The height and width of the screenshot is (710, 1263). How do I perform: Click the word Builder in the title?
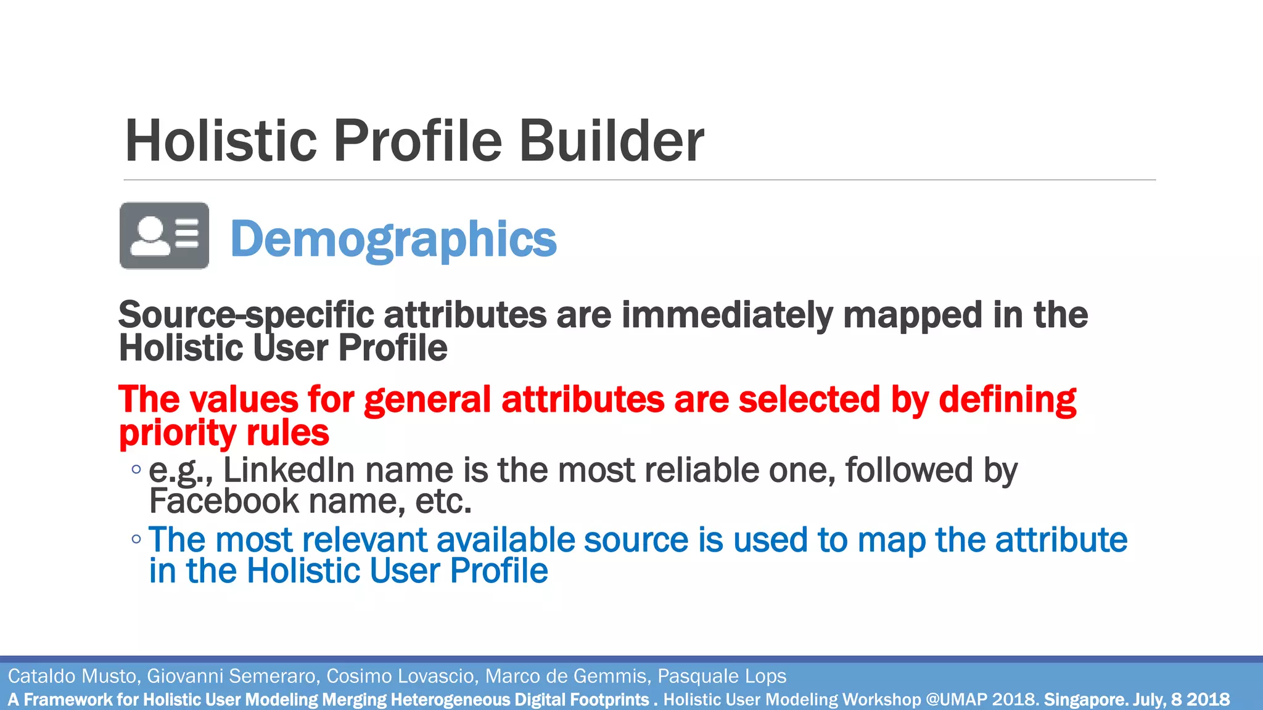click(611, 141)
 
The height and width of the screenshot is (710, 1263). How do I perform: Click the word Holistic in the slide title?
click(220, 141)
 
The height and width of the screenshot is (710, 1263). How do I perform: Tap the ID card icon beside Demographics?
click(164, 235)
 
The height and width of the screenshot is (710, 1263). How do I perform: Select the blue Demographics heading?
click(393, 239)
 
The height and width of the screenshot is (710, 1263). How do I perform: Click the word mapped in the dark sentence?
click(912, 316)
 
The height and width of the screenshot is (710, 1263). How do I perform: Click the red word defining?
click(1007, 399)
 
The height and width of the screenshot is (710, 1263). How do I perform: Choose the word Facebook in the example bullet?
click(224, 501)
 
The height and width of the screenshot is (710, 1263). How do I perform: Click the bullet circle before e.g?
click(136, 470)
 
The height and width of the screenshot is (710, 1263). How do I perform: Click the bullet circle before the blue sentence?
click(136, 539)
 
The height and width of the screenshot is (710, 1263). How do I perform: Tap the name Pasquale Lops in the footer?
click(722, 676)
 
